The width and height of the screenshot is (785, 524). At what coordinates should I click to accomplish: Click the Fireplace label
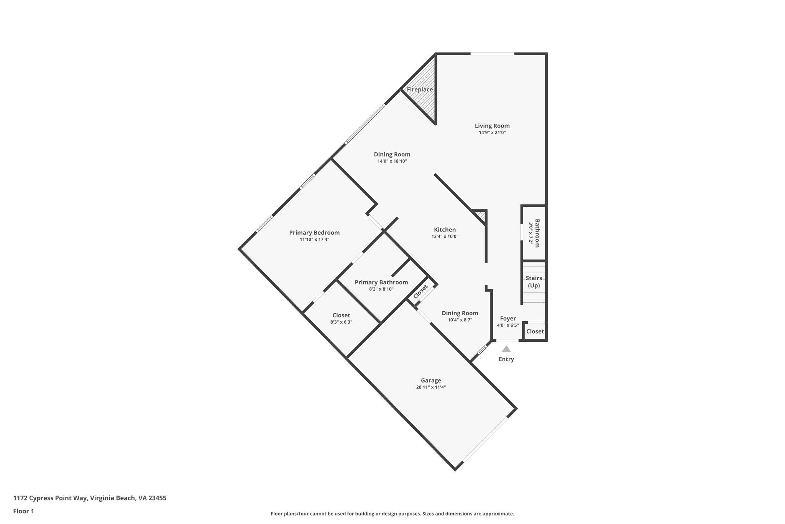[420, 89]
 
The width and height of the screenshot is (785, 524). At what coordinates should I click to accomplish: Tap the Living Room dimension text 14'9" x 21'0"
[492, 132]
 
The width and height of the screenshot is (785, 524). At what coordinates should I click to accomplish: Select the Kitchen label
[445, 230]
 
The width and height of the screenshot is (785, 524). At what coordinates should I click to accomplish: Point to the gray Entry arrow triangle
[506, 349]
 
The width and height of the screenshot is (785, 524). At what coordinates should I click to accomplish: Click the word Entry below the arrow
[506, 359]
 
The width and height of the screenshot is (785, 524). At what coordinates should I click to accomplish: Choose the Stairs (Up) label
[534, 282]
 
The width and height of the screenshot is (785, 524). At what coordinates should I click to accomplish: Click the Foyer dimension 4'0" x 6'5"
[508, 325]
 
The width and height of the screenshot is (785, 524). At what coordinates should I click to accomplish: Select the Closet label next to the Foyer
[535, 331]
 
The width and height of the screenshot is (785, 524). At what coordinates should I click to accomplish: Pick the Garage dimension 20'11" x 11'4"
[431, 387]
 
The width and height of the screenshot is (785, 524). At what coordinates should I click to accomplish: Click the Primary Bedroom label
[314, 232]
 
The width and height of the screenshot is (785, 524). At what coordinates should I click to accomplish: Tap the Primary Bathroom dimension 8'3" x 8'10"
[381, 289]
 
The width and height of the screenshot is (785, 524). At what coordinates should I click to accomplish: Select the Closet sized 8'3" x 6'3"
[341, 319]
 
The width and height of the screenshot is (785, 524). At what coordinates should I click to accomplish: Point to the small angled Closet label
[420, 291]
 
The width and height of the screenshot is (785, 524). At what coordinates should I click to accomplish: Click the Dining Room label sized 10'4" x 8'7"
[460, 313]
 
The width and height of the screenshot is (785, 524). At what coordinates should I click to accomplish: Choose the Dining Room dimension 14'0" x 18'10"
[392, 161]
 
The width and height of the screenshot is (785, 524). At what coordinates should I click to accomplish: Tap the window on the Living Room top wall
[492, 54]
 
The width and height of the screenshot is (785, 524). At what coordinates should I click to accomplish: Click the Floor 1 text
[23, 511]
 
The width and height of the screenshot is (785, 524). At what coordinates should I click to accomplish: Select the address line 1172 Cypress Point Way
[90, 498]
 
